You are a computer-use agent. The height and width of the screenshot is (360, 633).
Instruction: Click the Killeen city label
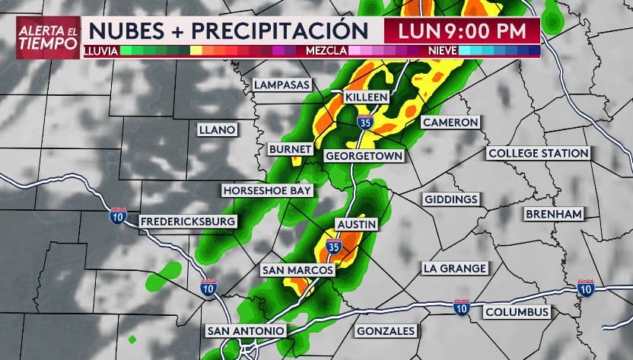[367, 97]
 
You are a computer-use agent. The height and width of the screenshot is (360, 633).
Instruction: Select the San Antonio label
[247, 331]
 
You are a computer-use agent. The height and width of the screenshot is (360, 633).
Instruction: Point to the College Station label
[539, 153]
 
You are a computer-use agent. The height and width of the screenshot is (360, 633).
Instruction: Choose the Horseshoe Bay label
[267, 190]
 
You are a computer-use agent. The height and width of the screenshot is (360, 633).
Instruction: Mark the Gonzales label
[386, 331]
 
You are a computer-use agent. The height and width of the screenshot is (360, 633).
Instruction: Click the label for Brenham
[554, 214]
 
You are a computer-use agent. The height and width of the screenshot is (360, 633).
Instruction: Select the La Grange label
[454, 268]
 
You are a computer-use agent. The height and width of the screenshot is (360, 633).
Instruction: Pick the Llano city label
[217, 129]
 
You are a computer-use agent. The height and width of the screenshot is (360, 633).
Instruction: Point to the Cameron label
[450, 122]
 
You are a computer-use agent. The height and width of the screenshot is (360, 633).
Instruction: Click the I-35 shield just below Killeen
[366, 120]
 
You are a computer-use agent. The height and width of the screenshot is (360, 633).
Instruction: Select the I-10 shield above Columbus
[461, 306]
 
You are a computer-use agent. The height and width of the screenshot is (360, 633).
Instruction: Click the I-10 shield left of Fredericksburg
[118, 215]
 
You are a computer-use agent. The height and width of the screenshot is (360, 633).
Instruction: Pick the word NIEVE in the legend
[443, 50]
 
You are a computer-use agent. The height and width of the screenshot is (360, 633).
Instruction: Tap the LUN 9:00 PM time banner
[461, 31]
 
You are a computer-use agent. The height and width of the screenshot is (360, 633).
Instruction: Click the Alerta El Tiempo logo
[48, 37]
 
